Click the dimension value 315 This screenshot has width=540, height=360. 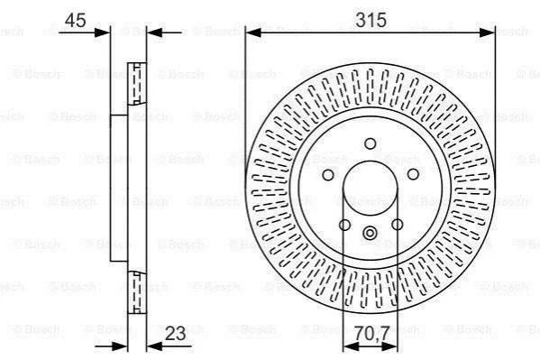(x=371, y=20)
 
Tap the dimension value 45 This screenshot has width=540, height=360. (x=76, y=21)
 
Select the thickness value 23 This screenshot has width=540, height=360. (x=175, y=333)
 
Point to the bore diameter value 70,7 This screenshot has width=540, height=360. (x=372, y=333)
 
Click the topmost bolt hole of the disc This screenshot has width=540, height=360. (x=371, y=143)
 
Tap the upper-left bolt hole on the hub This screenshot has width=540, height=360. (x=328, y=175)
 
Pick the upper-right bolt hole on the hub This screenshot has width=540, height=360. (x=413, y=174)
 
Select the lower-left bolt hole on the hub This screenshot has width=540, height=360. (x=344, y=226)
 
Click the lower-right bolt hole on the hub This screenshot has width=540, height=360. (x=397, y=225)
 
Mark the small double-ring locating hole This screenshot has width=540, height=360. (x=370, y=233)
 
